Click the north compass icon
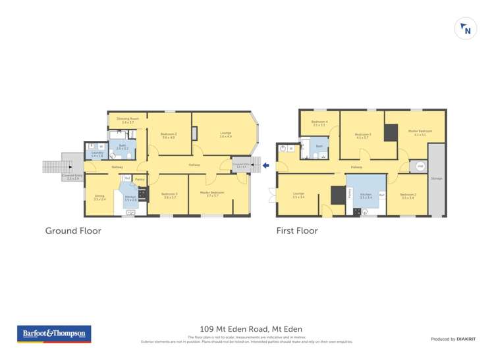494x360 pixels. (x=466, y=29)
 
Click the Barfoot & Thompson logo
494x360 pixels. (x=54, y=334)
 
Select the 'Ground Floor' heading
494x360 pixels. (x=72, y=231)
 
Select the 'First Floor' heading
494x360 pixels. (x=297, y=231)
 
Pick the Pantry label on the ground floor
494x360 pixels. (x=140, y=179)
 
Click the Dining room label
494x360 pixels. (x=99, y=196)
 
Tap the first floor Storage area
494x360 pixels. (x=437, y=178)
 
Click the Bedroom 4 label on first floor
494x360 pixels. (x=319, y=122)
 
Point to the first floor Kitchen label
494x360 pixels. (x=366, y=195)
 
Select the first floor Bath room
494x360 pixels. (x=319, y=147)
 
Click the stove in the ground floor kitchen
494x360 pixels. (x=142, y=195)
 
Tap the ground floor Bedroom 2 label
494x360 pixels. (x=168, y=136)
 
